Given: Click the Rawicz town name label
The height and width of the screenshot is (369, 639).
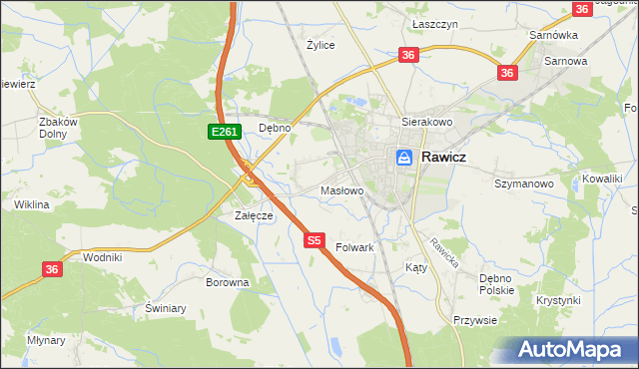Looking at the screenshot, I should (x=444, y=157).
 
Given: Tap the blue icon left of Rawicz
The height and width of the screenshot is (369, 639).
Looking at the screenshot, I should (x=404, y=158).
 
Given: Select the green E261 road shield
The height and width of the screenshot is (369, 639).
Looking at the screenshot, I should (x=223, y=132).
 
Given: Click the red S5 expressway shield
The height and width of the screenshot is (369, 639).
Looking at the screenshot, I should (x=315, y=239).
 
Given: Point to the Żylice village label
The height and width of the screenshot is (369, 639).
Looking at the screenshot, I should (x=320, y=45).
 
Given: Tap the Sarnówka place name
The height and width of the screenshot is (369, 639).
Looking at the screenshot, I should (x=554, y=35).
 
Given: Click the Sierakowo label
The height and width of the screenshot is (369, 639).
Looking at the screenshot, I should (x=427, y=121).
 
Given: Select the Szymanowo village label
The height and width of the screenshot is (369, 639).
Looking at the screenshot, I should (x=524, y=184).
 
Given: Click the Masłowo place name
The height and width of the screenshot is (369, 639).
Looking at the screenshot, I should (x=340, y=189).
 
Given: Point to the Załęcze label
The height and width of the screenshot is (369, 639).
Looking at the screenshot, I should (x=254, y=215).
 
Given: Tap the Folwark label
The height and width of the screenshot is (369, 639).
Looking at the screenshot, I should (x=354, y=246).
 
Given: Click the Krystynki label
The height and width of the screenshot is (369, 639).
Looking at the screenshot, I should (x=558, y=300).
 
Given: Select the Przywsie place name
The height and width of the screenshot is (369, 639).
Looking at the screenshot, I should (x=475, y=321).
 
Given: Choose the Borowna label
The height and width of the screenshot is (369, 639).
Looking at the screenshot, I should (x=227, y=282).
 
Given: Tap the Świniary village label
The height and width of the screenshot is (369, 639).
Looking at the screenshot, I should (x=166, y=308).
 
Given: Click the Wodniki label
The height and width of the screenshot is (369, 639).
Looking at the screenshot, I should (x=103, y=256).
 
